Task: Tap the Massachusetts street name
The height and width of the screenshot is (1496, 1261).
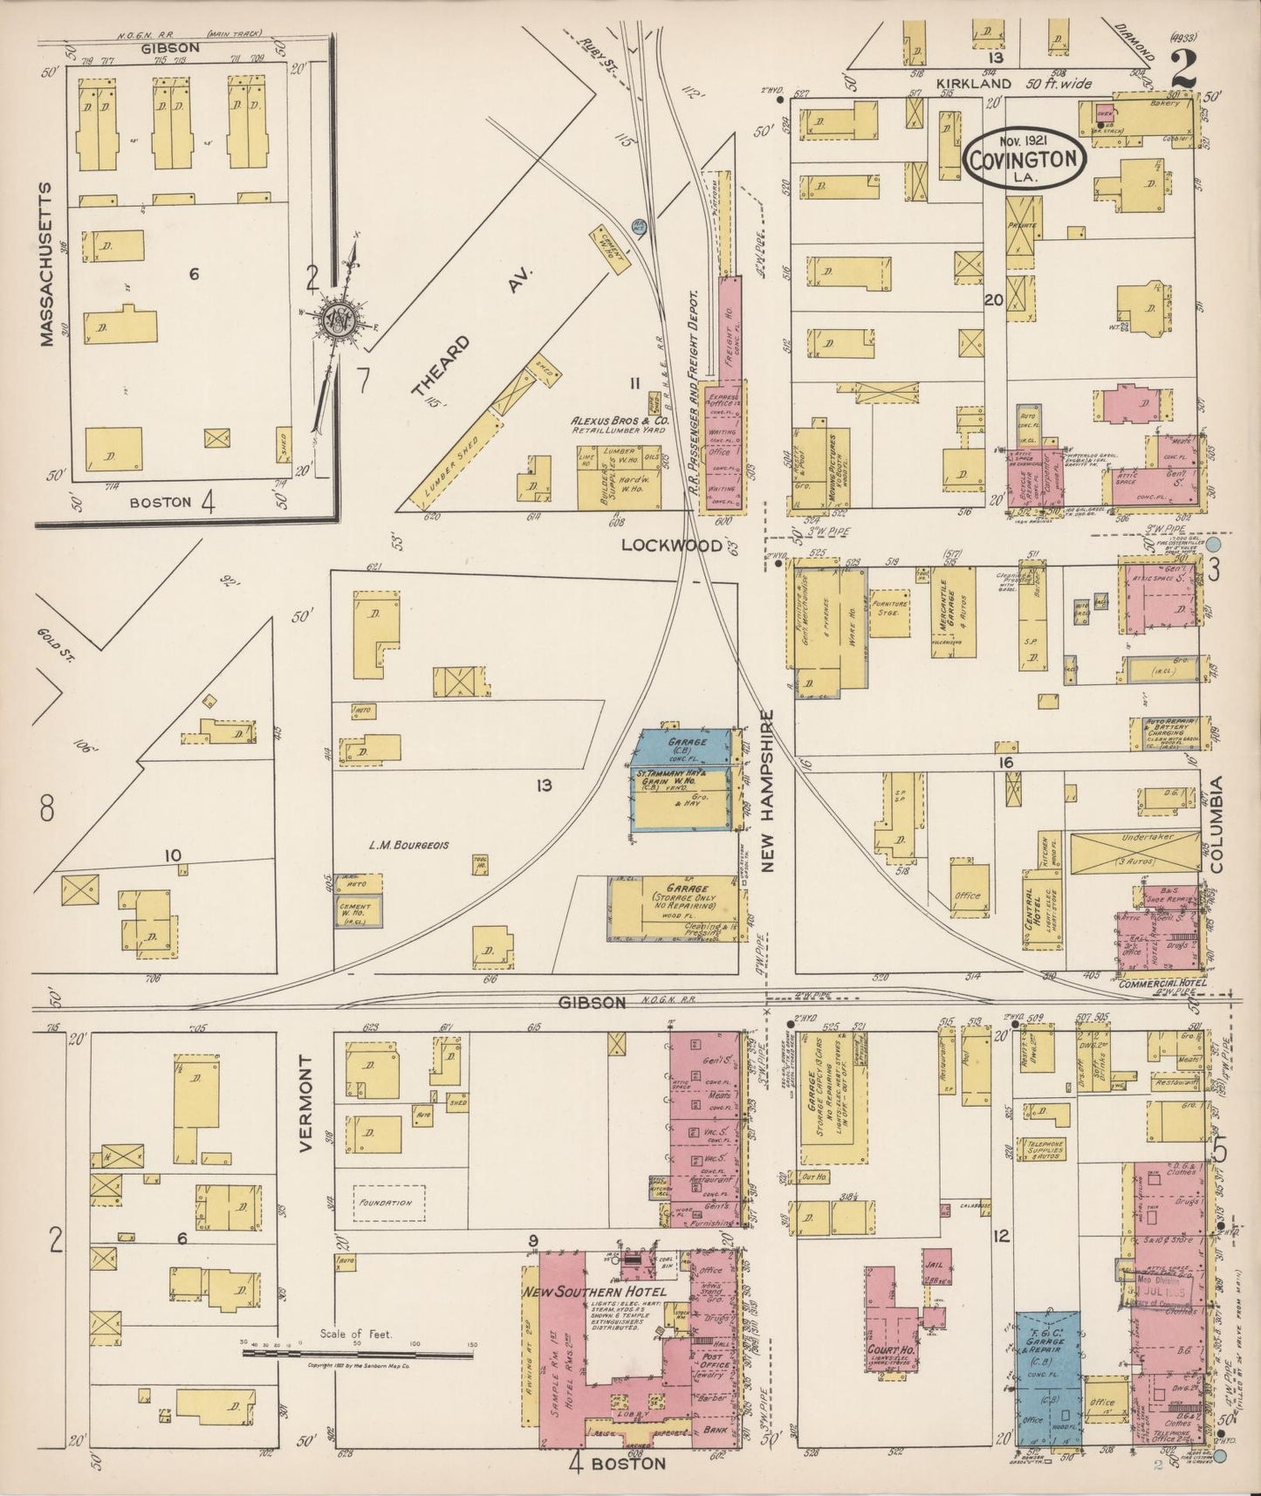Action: coord(47,264)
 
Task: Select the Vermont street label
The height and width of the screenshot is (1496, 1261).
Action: coord(305,1104)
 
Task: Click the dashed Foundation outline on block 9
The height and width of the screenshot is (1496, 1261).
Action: coord(389,1202)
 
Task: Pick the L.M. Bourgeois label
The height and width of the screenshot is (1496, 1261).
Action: coord(408,845)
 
